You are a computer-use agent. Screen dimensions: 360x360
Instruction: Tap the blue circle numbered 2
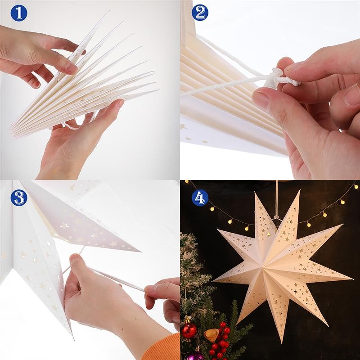[200, 13]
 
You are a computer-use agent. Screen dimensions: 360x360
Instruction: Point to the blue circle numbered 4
[200, 198]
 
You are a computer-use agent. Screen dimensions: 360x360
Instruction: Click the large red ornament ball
[189, 329]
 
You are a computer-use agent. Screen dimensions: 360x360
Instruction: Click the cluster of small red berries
[220, 340]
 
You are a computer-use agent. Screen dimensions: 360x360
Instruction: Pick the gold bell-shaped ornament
[211, 334]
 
